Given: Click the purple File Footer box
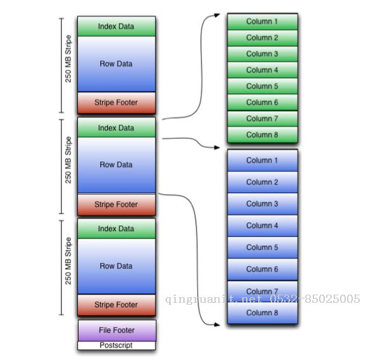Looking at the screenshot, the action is point(117,330).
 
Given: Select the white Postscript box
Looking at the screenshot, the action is point(117,345).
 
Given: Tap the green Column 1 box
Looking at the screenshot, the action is point(263,22).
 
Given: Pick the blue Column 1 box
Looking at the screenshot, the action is point(263,160).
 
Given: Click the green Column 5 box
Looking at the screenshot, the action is point(263,86).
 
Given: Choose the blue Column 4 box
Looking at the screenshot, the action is point(263,225).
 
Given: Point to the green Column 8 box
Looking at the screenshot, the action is point(263,135).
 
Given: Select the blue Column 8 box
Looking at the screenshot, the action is point(263,313).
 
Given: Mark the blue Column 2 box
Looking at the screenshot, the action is point(263,182).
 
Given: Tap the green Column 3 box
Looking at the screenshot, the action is point(263,54).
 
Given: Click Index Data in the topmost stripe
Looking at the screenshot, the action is point(117,26).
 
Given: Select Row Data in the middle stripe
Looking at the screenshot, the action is point(117,165).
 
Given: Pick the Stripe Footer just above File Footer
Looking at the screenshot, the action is point(117,305).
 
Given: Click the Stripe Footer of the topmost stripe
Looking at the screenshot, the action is point(117,103).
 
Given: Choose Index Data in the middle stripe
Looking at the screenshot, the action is point(117,128).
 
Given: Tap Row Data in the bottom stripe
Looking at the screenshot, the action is point(117,266).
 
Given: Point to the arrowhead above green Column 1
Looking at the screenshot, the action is point(217,15).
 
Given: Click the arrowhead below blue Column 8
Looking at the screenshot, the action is point(217,325).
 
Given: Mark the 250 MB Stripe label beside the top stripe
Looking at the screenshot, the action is point(68,58).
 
